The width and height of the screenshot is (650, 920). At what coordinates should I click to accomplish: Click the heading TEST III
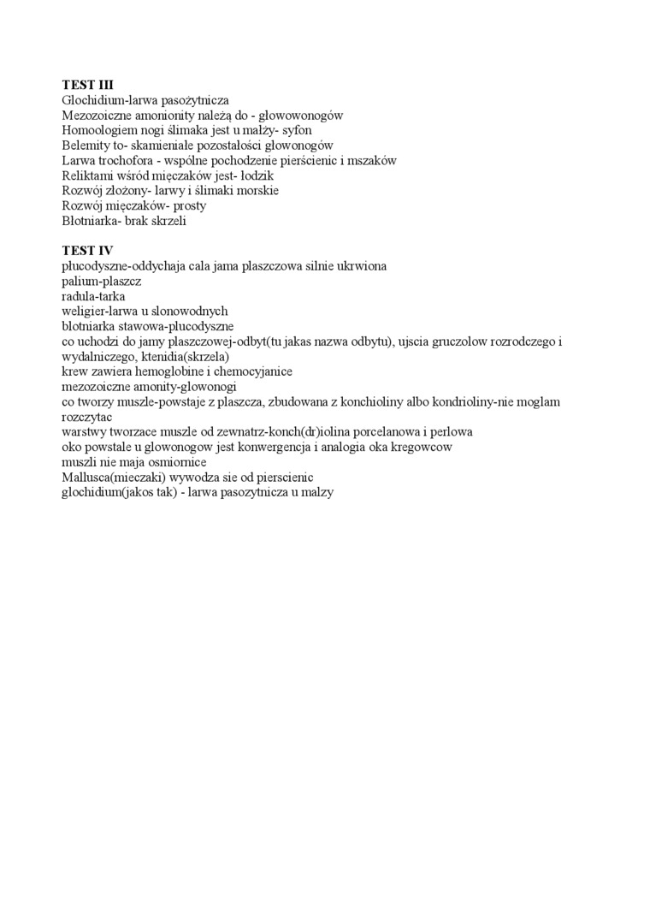coord(87,86)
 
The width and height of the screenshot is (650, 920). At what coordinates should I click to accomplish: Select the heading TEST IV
coord(87,251)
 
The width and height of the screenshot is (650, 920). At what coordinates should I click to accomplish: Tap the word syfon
coord(297,131)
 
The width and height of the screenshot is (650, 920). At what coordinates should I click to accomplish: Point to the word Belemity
coord(85,145)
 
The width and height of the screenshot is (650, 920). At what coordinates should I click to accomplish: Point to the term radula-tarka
coord(93,296)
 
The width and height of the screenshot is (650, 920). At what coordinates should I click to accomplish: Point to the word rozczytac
coord(87,417)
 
